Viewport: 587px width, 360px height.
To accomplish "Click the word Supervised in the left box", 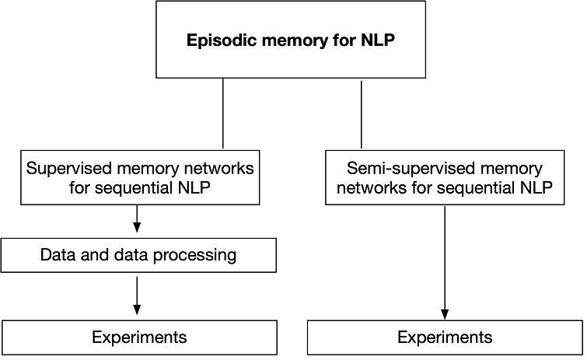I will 67,167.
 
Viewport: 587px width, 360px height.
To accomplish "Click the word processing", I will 197,255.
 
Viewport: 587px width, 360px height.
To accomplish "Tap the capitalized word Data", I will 58,255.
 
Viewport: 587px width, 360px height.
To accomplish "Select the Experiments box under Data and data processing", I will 139,337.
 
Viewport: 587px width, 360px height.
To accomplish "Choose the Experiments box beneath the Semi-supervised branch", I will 445,337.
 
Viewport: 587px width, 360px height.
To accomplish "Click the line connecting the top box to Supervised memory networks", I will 223,113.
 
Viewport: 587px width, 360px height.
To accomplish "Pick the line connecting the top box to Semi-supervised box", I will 362,113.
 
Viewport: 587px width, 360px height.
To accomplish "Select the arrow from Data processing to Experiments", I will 137,294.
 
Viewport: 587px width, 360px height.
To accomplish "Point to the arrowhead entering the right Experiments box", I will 445,313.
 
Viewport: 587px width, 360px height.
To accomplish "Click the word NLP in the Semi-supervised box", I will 536,187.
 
